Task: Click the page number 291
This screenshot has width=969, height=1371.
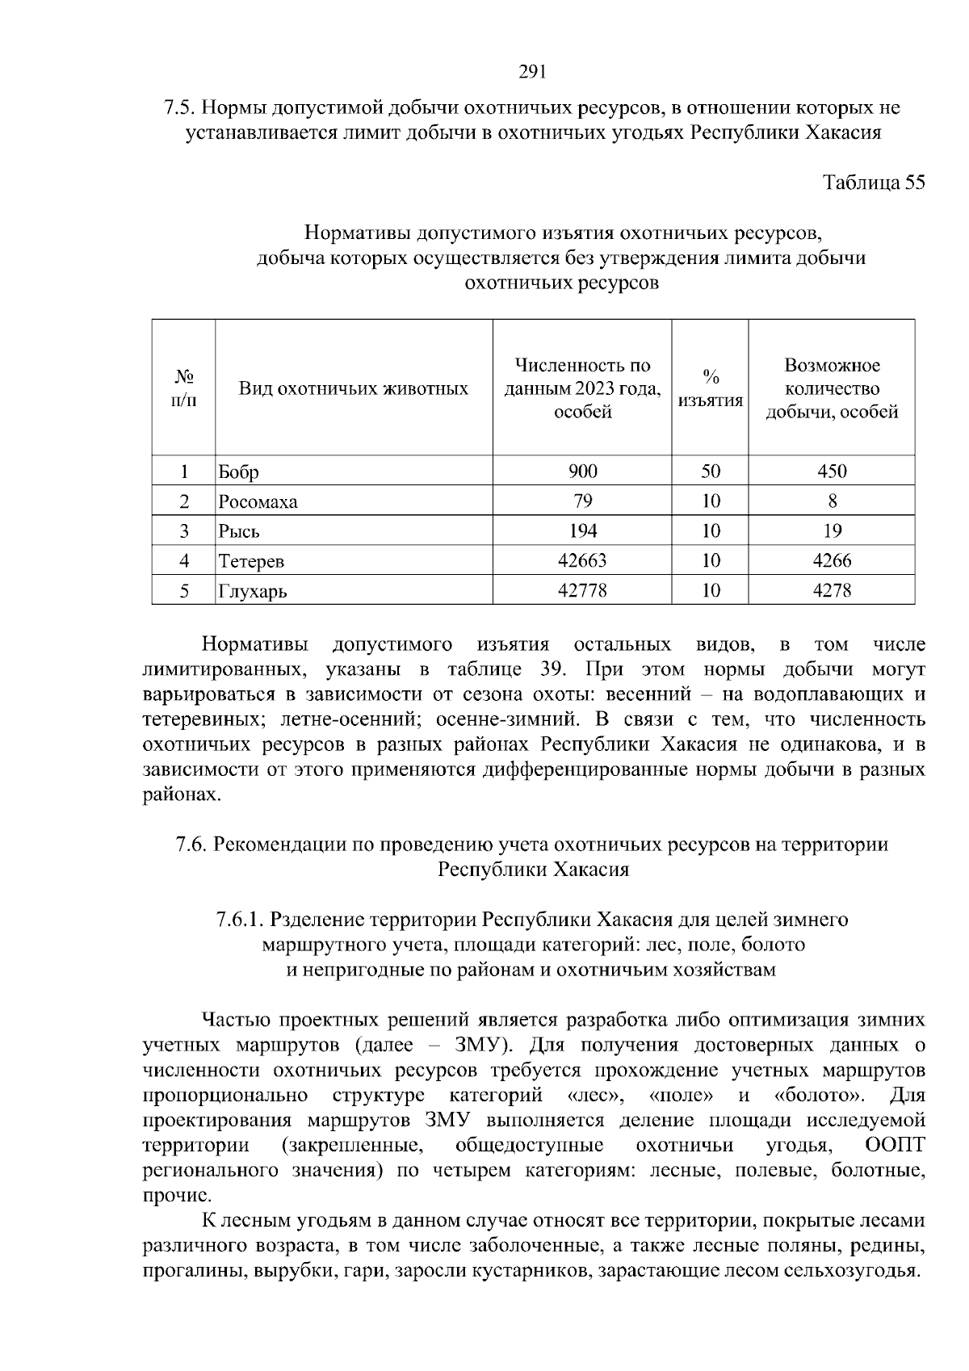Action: tap(532, 73)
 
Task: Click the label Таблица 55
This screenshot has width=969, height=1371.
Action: tap(873, 182)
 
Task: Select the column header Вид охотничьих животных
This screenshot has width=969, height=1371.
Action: tap(354, 389)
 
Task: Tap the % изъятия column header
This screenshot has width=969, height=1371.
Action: tap(710, 389)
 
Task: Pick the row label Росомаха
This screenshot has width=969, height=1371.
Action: tap(258, 502)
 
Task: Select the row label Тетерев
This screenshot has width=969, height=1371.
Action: tap(251, 561)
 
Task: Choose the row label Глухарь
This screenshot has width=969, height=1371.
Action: tap(253, 591)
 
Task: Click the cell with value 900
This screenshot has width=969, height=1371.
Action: tap(582, 472)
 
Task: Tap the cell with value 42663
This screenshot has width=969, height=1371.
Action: tap(582, 560)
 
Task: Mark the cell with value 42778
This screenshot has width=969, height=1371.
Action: tap(582, 590)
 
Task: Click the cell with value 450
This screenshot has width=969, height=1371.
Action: tap(832, 472)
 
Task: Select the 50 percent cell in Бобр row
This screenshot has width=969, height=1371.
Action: tap(711, 472)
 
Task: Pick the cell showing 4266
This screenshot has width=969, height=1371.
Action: tap(832, 560)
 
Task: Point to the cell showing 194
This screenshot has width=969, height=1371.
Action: tap(582, 530)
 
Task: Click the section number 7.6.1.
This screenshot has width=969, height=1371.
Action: tap(240, 920)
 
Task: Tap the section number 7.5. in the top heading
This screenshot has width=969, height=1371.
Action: tap(178, 107)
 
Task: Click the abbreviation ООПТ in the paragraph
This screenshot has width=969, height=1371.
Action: tap(894, 1146)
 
